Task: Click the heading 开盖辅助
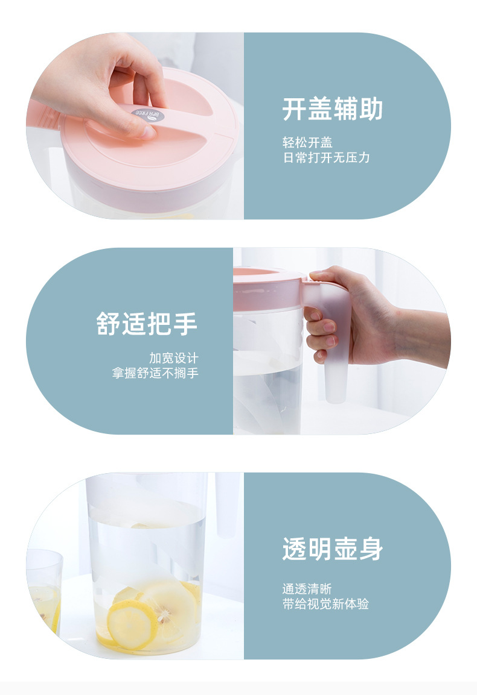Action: coord(332,109)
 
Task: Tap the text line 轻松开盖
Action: coord(307,143)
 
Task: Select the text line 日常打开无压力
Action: coord(326,158)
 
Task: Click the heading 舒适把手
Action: coord(147,324)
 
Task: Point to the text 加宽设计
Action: coord(174,358)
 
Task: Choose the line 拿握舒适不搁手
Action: coord(155,373)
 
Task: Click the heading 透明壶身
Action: coord(332,549)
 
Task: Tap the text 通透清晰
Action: coord(307,589)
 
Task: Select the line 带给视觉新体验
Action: coord(325,604)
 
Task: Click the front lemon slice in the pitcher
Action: coord(130,624)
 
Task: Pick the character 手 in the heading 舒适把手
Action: coord(185,324)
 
